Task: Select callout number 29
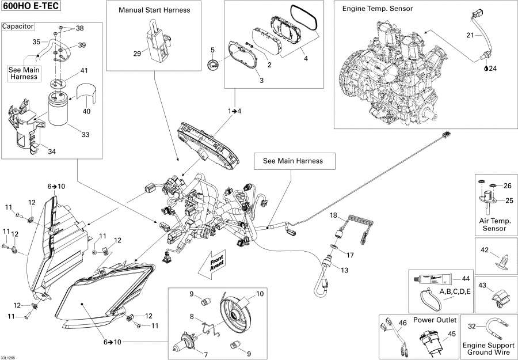(x=136, y=53)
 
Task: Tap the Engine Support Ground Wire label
(x=493, y=348)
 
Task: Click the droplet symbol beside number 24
(x=486, y=68)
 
